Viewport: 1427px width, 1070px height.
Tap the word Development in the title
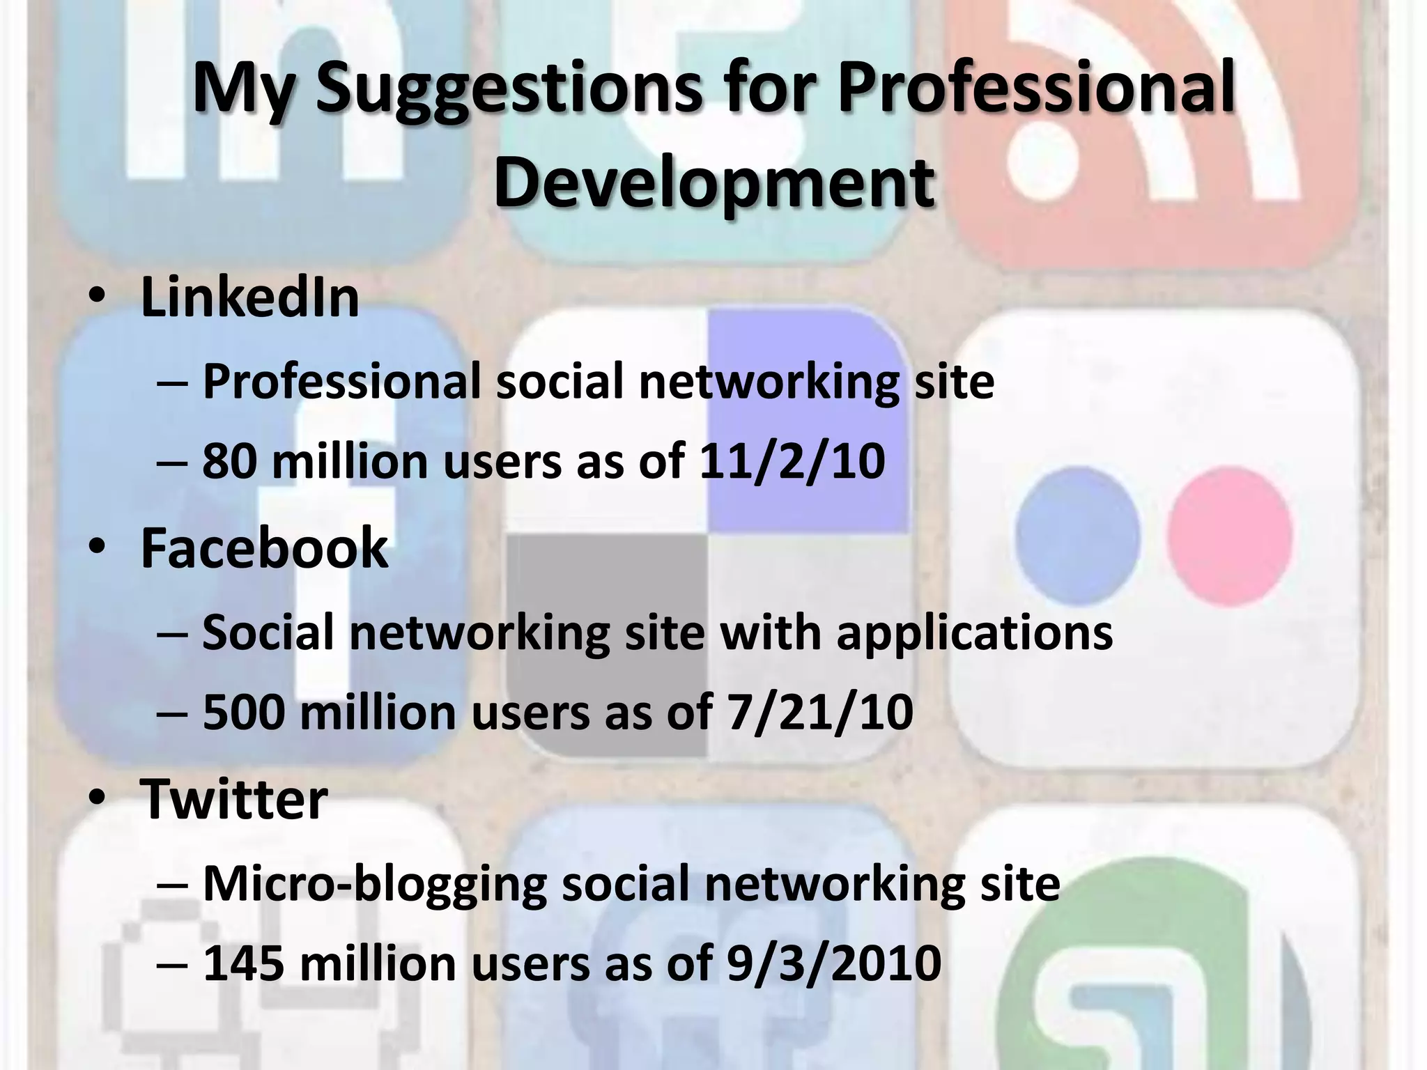pyautogui.click(x=713, y=183)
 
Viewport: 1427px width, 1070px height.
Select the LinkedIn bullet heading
pyautogui.click(x=249, y=297)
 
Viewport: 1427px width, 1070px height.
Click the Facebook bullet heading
pyautogui.click(x=264, y=549)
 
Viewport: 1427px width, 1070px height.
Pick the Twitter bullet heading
pyautogui.click(x=233, y=799)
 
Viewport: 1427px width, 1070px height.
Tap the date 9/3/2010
pyautogui.click(x=833, y=963)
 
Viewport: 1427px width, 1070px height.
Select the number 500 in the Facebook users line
pyautogui.click(x=243, y=713)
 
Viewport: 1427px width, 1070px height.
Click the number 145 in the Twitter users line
pyautogui.click(x=243, y=963)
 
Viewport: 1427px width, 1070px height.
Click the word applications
pyautogui.click(x=974, y=633)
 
